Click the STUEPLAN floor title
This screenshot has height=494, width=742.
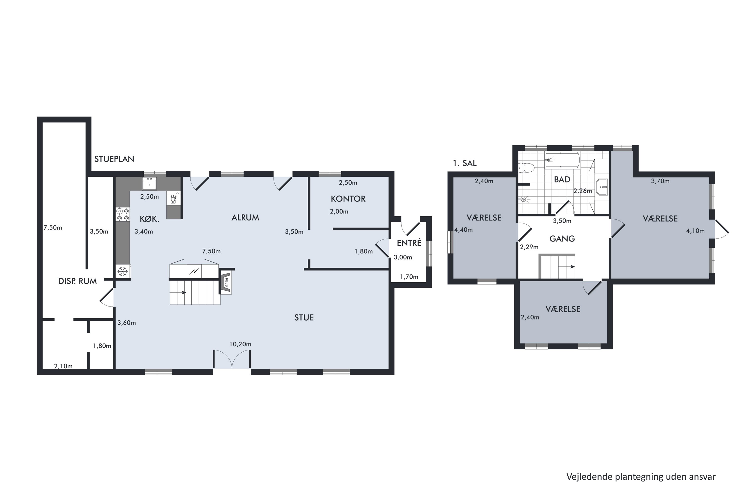(114, 159)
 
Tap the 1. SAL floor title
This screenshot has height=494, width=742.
(465, 163)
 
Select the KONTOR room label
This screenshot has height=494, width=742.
(348, 199)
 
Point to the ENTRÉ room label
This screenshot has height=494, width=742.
(409, 243)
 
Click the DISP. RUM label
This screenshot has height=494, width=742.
(77, 281)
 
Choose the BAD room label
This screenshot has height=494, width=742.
(562, 180)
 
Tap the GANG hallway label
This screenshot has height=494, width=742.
(562, 239)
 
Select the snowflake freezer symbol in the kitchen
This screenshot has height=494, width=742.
(122, 271)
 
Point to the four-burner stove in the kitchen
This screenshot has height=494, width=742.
(123, 214)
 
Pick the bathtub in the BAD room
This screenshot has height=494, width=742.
(562, 160)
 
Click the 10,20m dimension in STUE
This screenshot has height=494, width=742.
(240, 344)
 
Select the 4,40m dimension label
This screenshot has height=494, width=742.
(464, 230)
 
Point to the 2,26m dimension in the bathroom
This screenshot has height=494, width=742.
(583, 191)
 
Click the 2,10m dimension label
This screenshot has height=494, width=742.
(63, 366)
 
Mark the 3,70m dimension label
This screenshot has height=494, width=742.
(660, 181)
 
